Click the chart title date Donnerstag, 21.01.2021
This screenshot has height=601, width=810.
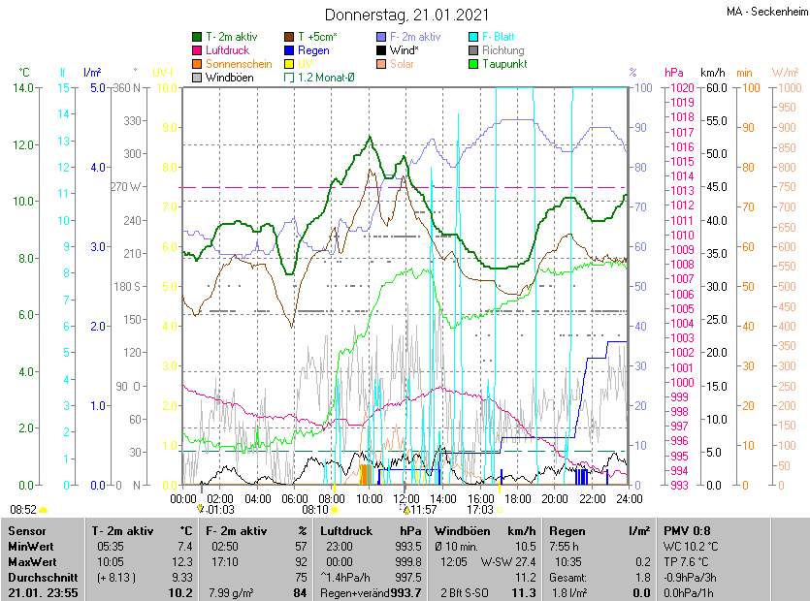406,15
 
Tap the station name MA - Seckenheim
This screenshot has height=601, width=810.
765,12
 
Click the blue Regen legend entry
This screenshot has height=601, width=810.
313,49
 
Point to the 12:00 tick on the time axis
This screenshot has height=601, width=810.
406,498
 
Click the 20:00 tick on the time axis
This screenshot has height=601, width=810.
555,498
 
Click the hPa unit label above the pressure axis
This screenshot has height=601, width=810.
674,73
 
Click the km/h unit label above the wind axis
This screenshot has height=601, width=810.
712,73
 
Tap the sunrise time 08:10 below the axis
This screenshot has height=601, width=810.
315,509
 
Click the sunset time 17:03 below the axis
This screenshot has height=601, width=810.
480,509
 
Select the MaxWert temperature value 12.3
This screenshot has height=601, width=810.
181,561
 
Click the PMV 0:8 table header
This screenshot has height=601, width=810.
687,531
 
